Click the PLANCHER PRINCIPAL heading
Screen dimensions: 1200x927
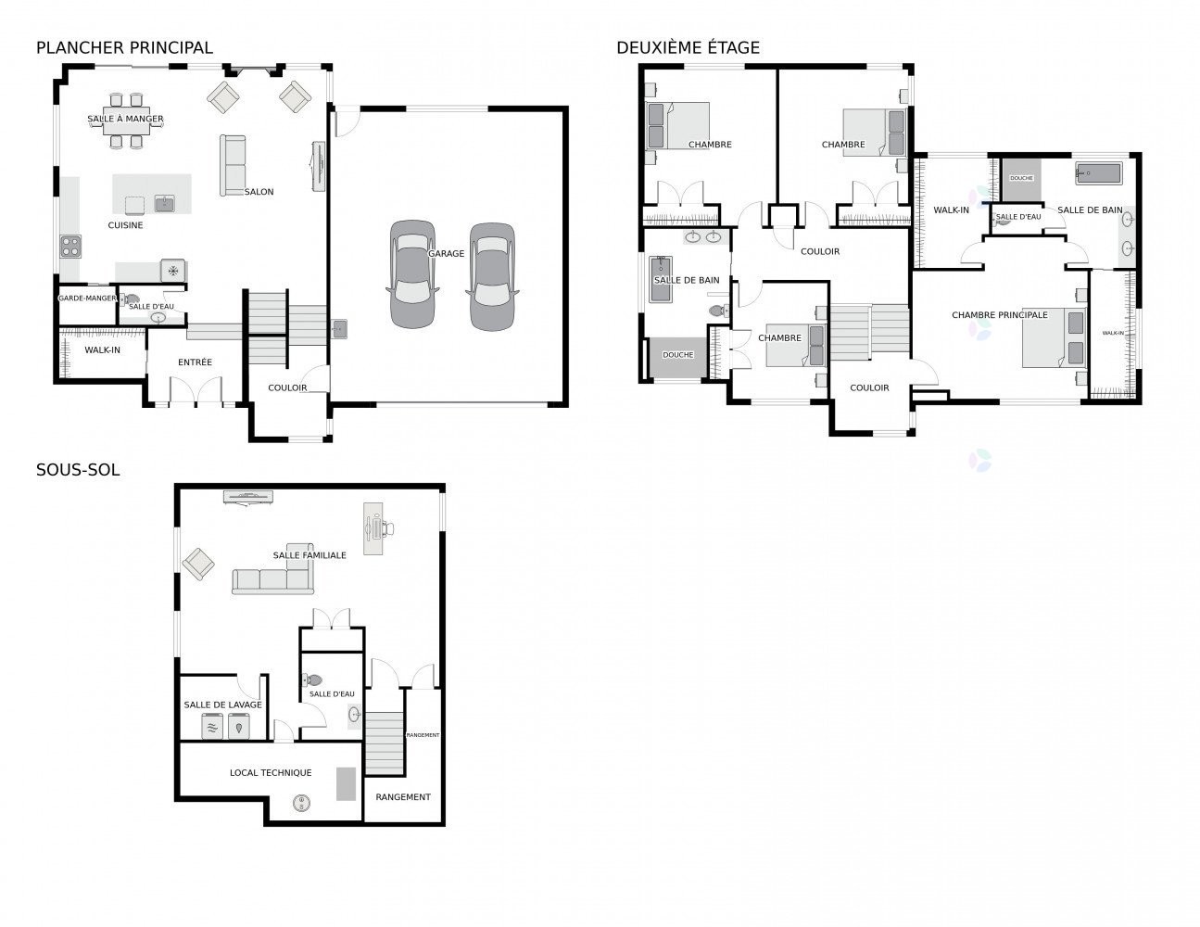point(124,48)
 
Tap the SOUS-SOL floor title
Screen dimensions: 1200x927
point(78,470)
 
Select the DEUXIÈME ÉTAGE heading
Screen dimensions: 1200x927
point(688,48)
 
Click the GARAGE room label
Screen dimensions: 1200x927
point(447,254)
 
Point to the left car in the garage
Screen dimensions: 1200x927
point(412,274)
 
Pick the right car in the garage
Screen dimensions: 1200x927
point(492,277)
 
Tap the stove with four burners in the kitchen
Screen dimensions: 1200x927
point(70,247)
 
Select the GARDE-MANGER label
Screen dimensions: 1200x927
point(87,298)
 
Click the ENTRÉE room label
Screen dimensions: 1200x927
point(195,362)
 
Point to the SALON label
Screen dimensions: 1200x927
point(259,192)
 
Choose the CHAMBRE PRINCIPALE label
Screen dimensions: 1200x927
point(1000,315)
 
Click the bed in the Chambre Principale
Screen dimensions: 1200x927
point(1055,337)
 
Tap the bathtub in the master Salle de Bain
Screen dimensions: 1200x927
point(1099,173)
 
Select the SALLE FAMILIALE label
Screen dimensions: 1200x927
point(309,555)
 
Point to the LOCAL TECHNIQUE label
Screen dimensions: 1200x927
point(271,773)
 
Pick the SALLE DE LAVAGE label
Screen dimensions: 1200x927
point(222,705)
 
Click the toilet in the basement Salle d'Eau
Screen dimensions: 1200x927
point(312,679)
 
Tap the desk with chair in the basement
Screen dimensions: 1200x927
point(377,528)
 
